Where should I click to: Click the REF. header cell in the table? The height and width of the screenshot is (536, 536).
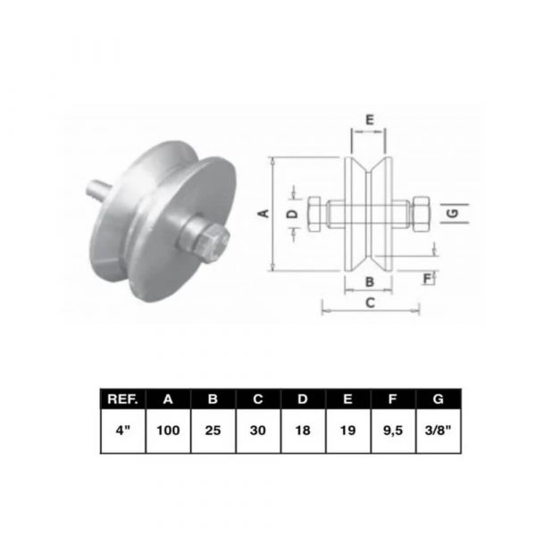(123, 399)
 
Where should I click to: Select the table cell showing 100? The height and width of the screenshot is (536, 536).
(168, 431)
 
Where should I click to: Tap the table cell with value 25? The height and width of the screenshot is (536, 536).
(213, 431)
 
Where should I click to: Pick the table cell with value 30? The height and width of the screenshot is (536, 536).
(258, 431)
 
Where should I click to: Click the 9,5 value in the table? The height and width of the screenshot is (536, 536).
(393, 431)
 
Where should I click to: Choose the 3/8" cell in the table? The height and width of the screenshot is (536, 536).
(439, 431)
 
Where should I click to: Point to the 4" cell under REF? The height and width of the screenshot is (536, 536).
(123, 431)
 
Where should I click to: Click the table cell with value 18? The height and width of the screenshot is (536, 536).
(303, 431)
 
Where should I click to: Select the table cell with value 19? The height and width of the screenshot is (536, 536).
(348, 431)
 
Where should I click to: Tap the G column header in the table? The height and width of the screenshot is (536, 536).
(439, 399)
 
